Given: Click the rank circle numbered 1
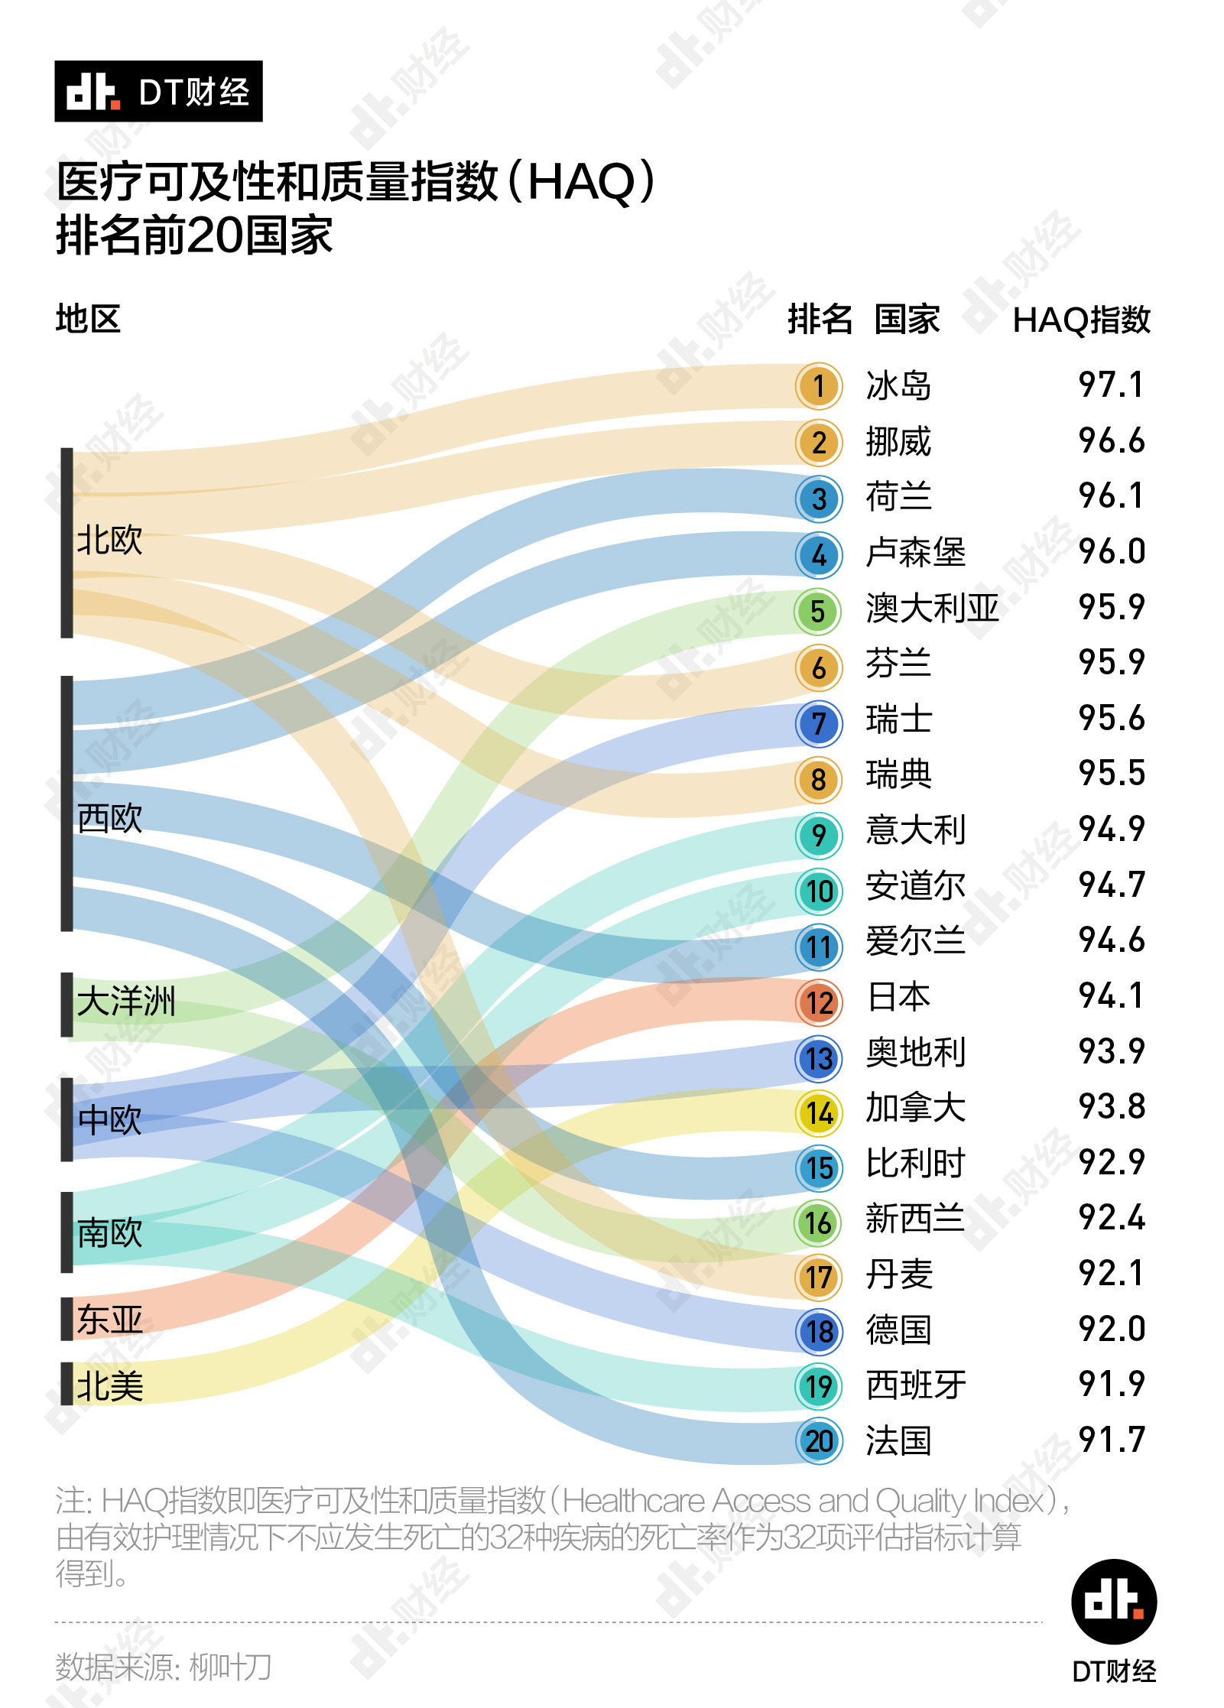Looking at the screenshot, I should click(818, 386).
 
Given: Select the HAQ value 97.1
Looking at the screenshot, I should click(1111, 385).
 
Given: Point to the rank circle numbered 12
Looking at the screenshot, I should click(818, 1002).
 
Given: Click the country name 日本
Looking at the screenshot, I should click(898, 997).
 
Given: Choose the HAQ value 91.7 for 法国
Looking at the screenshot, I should click(1111, 1440).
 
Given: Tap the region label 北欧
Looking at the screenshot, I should click(109, 541).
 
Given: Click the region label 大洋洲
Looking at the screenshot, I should click(126, 1002).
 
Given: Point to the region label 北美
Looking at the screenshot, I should click(109, 1386).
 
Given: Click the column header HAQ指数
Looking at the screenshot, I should click(1081, 320).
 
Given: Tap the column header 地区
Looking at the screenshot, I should click(88, 319).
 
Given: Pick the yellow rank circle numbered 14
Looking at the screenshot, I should click(818, 1113).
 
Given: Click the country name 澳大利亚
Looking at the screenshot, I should click(932, 609).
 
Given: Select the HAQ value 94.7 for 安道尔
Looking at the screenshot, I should click(1111, 885).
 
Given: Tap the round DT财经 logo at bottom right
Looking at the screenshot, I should click(1113, 1602).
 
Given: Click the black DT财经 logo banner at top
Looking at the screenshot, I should click(158, 92).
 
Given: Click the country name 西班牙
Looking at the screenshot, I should click(915, 1385).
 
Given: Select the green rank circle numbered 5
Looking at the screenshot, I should click(818, 612).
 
